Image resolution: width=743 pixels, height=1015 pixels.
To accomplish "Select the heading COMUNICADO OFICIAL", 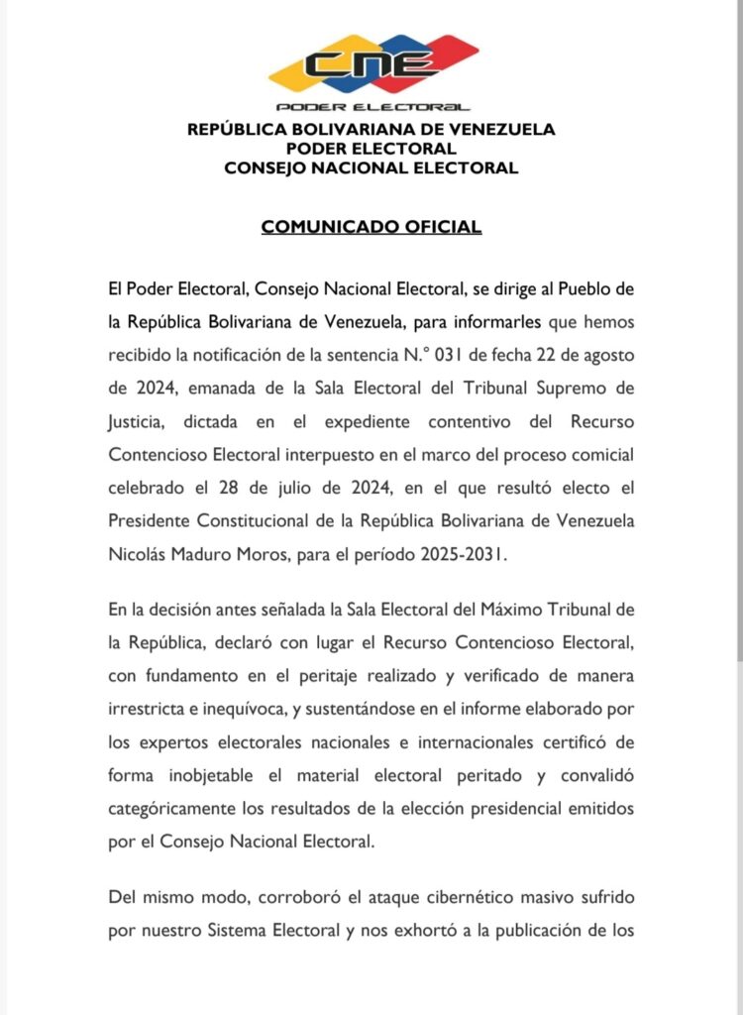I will [371, 227].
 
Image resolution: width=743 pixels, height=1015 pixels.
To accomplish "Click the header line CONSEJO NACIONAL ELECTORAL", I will [371, 168].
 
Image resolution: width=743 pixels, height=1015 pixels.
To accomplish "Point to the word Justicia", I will [139, 421].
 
